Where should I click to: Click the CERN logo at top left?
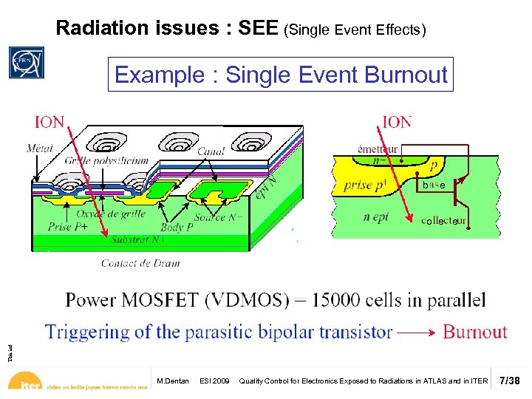point(26,63)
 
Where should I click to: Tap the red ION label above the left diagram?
point(50,122)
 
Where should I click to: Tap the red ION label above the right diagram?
point(397,122)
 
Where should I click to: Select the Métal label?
point(39,149)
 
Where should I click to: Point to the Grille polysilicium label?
point(106,160)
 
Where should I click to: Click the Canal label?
point(211,151)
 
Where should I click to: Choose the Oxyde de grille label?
point(110,214)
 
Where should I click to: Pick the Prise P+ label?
point(69,227)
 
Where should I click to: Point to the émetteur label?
point(378,149)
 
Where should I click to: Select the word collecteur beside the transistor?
point(444,221)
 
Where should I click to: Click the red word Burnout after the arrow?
point(474,332)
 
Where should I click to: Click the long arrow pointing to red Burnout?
point(416,332)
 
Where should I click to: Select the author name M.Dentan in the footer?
point(173,381)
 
